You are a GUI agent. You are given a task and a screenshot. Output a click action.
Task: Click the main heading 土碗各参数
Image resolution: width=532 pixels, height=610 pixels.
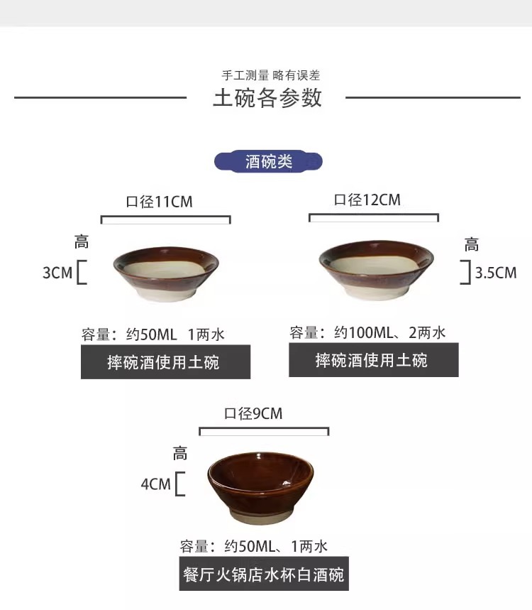(267, 98)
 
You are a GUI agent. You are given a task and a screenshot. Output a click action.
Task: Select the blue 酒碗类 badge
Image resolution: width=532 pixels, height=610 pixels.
(268, 162)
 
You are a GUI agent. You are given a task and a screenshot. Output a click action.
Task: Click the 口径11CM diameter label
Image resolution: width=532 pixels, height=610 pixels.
(160, 202)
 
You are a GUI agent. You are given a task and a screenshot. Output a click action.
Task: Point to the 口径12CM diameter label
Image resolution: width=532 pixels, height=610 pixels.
(367, 200)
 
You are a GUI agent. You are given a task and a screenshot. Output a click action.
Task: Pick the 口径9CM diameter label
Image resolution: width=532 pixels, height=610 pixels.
(253, 413)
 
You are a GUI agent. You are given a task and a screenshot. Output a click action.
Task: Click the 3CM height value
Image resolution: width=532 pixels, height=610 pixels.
(57, 273)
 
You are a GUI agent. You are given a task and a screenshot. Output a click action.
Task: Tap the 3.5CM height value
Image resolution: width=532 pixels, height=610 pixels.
(496, 273)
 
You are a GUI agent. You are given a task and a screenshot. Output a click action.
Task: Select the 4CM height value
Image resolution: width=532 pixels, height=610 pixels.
(156, 484)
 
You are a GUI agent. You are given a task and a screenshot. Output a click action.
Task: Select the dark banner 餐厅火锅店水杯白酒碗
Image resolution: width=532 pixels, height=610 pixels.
(264, 574)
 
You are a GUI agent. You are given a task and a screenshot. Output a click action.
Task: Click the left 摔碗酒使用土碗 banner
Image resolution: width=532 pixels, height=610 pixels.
(165, 362)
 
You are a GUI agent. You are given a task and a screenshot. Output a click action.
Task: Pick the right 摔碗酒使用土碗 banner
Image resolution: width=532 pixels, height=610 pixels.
(373, 360)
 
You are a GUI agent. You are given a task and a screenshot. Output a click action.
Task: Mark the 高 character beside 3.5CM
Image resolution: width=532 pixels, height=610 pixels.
(472, 246)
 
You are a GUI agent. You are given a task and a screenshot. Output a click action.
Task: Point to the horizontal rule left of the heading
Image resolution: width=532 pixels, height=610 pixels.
(100, 97)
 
